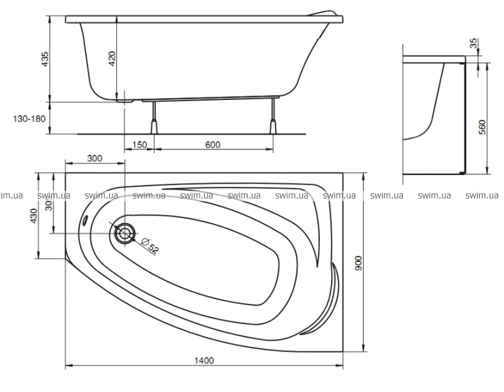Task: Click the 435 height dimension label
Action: coord(45,59)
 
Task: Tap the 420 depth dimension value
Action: coord(112,59)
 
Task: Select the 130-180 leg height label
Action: coord(29,119)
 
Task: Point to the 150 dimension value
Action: coord(140,144)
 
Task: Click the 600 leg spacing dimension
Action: coord(213,144)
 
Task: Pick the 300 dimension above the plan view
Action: coord(95,158)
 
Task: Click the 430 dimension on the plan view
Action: coord(33,216)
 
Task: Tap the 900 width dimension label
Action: coord(358,263)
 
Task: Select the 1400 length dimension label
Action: coord(204,361)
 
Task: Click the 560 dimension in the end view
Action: coord(482,127)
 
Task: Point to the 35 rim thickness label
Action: coord(474,43)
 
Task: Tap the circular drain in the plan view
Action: coord(124,233)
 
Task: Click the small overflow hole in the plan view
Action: coord(86,220)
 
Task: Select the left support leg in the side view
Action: coord(154,118)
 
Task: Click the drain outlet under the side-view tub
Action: coord(126,101)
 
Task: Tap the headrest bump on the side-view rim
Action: coord(324,13)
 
